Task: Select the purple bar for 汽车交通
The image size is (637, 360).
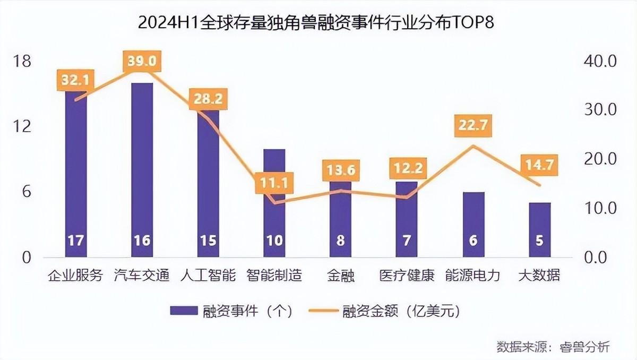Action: click(x=142, y=170)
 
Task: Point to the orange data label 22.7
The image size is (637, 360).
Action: click(x=474, y=126)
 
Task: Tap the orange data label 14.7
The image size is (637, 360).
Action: click(x=539, y=165)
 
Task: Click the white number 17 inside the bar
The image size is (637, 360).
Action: click(x=76, y=241)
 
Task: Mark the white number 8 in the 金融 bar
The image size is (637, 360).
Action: click(x=340, y=241)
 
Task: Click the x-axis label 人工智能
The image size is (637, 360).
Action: click(x=208, y=276)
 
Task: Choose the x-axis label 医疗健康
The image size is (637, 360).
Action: click(x=407, y=276)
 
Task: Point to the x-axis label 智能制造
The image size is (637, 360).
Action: click(x=274, y=276)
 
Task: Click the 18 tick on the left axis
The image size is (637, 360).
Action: click(x=22, y=62)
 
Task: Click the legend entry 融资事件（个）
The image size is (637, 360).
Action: click(x=231, y=311)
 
